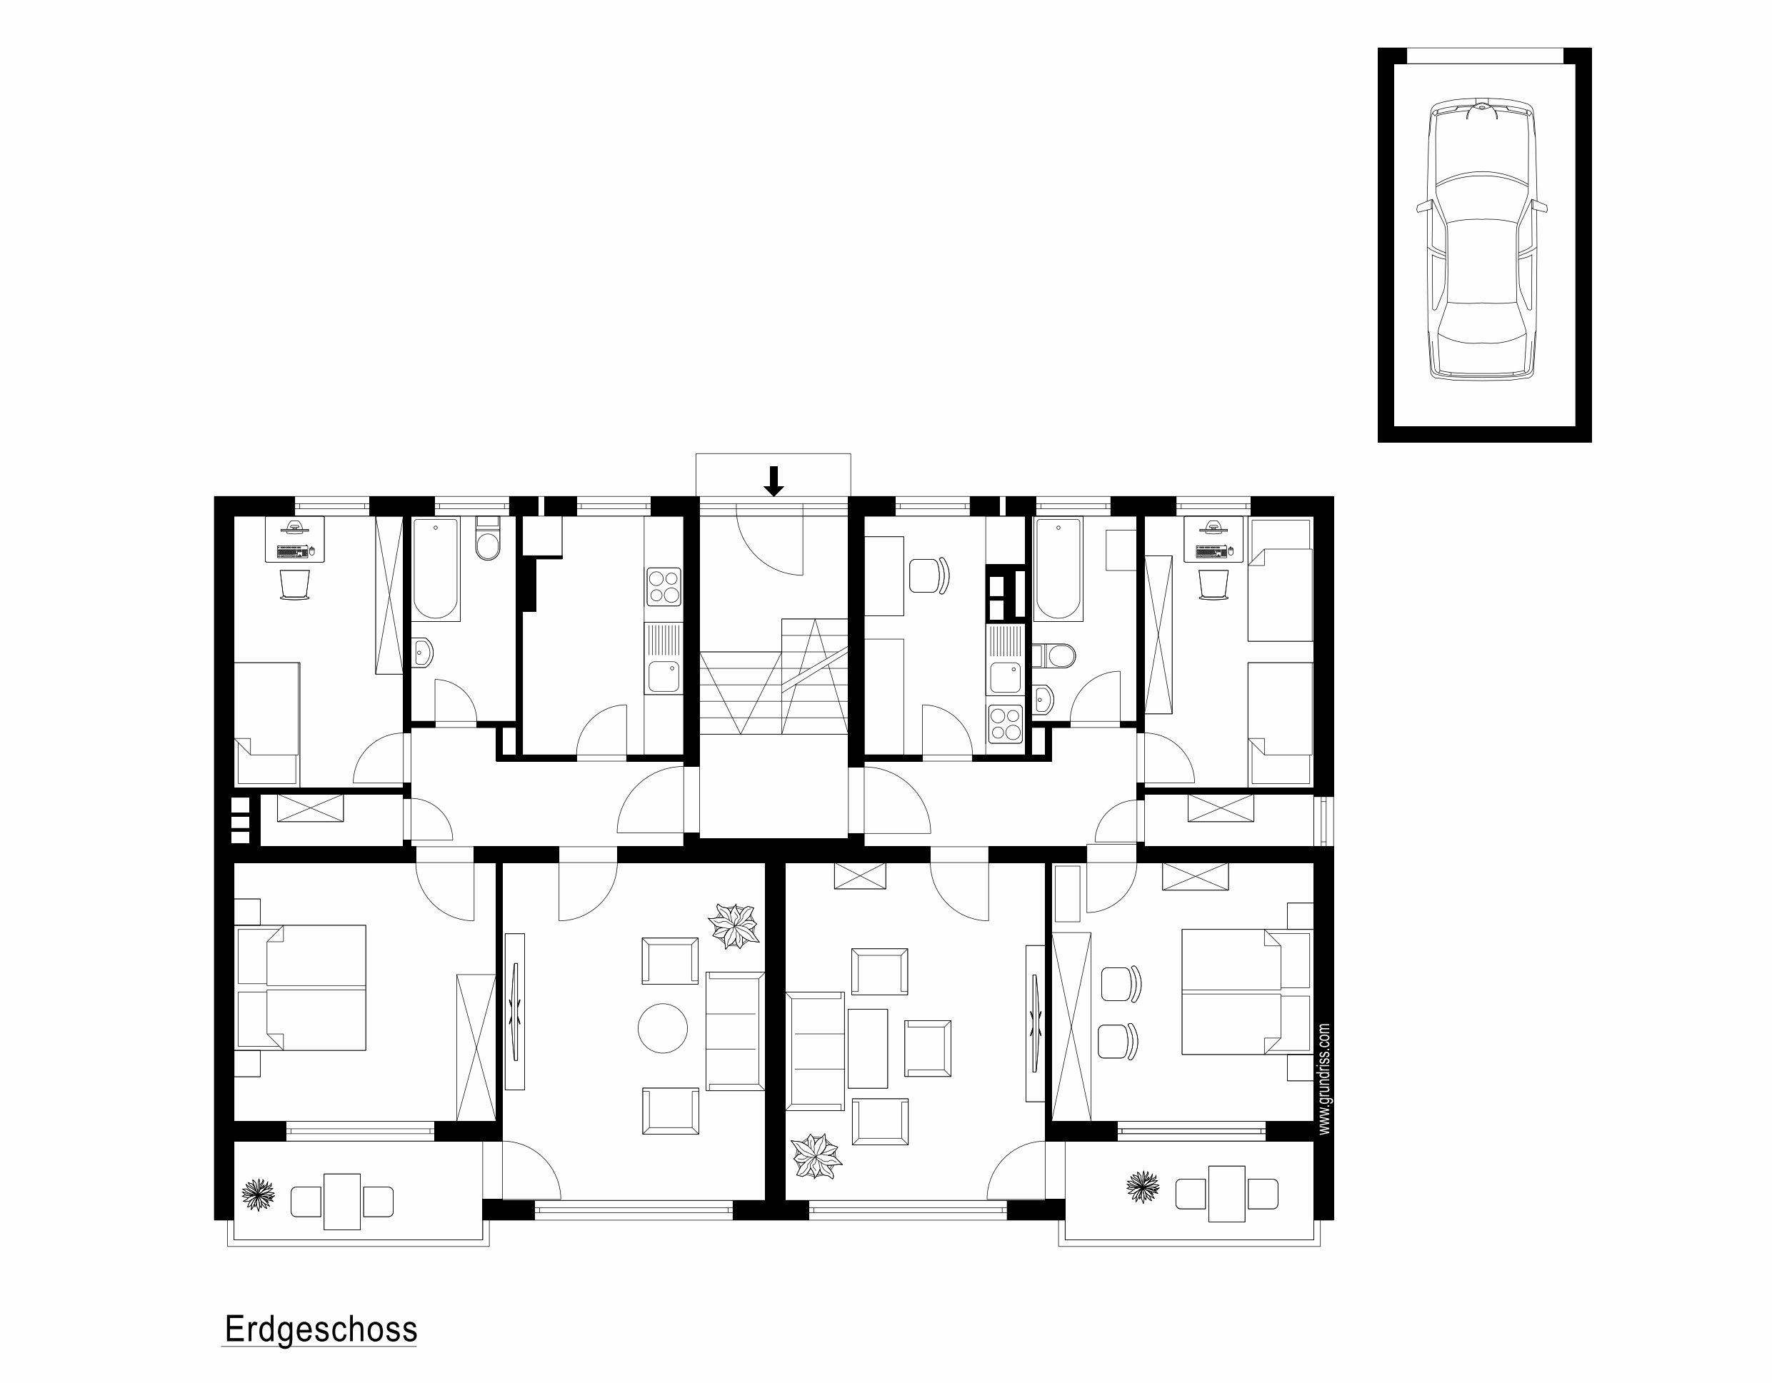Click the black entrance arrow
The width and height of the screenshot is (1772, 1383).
click(774, 481)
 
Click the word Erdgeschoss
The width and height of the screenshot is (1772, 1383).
click(321, 1329)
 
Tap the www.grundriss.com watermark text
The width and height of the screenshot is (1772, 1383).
click(1324, 1078)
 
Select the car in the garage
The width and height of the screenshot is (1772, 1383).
click(1482, 240)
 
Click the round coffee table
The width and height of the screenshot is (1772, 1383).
click(663, 1027)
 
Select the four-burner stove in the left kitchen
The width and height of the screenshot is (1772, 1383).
click(664, 586)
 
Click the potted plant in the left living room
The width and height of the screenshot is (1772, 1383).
click(734, 926)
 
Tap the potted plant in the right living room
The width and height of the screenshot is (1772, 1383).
click(816, 1156)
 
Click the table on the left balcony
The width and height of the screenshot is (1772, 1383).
click(341, 1202)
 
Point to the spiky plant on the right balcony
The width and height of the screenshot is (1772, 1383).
click(1142, 1187)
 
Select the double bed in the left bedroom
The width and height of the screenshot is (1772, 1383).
click(300, 988)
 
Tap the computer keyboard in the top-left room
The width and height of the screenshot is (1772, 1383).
click(294, 552)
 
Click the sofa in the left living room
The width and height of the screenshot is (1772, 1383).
click(735, 1031)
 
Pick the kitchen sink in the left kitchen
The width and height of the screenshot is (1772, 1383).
click(664, 658)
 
